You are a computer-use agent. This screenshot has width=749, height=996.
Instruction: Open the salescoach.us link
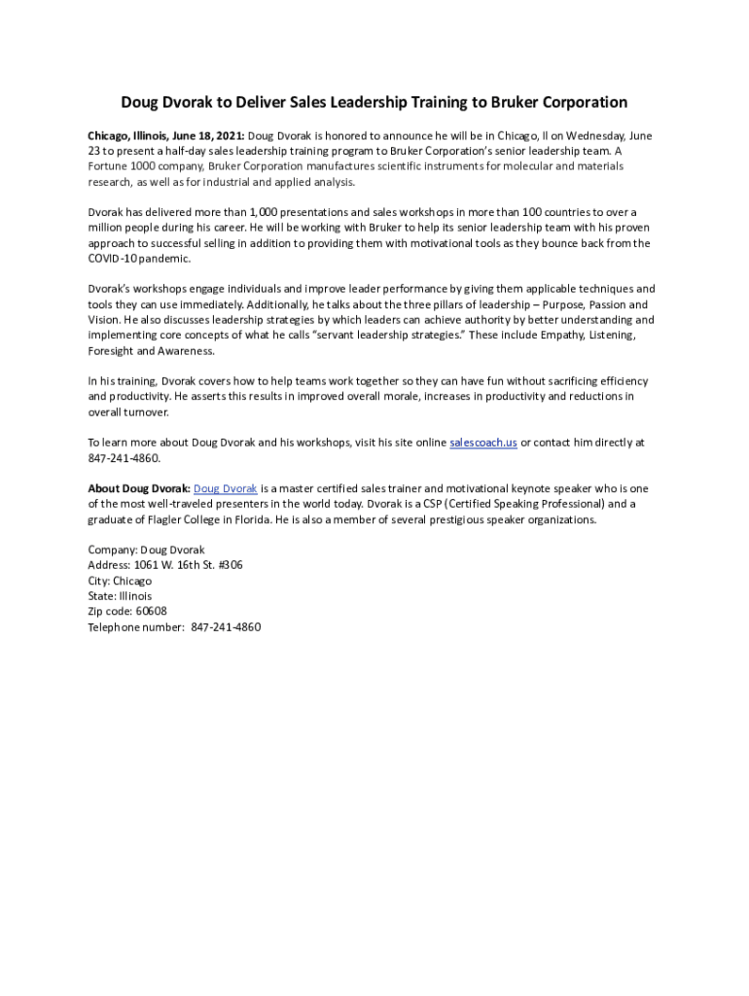click(x=482, y=443)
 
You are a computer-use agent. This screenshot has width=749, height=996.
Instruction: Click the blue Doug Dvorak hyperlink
click(x=226, y=488)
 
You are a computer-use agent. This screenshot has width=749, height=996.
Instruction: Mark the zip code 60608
click(x=151, y=612)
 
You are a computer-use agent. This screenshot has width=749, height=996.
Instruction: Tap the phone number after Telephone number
click(x=227, y=627)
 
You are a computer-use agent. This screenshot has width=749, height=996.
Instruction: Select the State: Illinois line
click(x=120, y=596)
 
